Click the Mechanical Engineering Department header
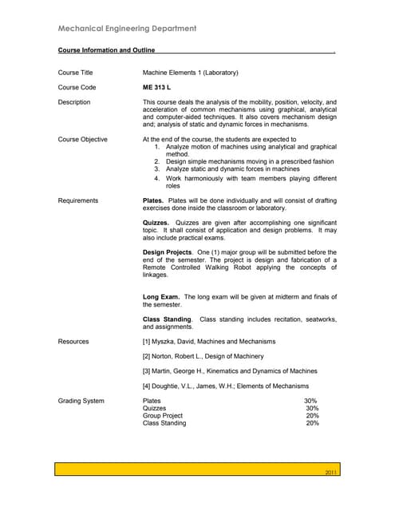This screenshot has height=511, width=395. [128, 29]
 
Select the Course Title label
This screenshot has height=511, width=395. [76, 73]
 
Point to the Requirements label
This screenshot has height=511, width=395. [78, 200]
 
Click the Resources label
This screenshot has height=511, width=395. [73, 341]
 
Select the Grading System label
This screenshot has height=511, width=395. [81, 401]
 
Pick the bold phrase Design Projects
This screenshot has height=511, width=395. [167, 252]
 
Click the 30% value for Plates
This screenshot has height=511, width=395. [310, 401]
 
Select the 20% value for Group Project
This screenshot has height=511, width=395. [312, 416]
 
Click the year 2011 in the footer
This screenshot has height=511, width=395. [332, 474]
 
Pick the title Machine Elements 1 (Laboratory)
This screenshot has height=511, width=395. [190, 73]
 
